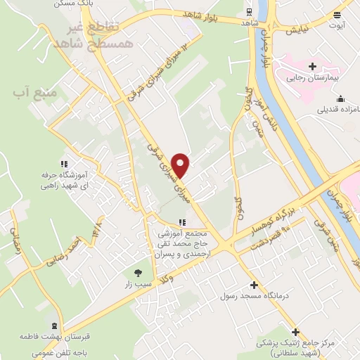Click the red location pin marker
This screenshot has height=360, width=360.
tap(182, 165)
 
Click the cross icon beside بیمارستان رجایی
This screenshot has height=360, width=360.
tap(312, 66)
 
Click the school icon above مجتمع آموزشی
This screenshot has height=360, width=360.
tap(183, 222)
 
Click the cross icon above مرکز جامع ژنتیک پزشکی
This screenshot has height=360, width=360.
tap(296, 332)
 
